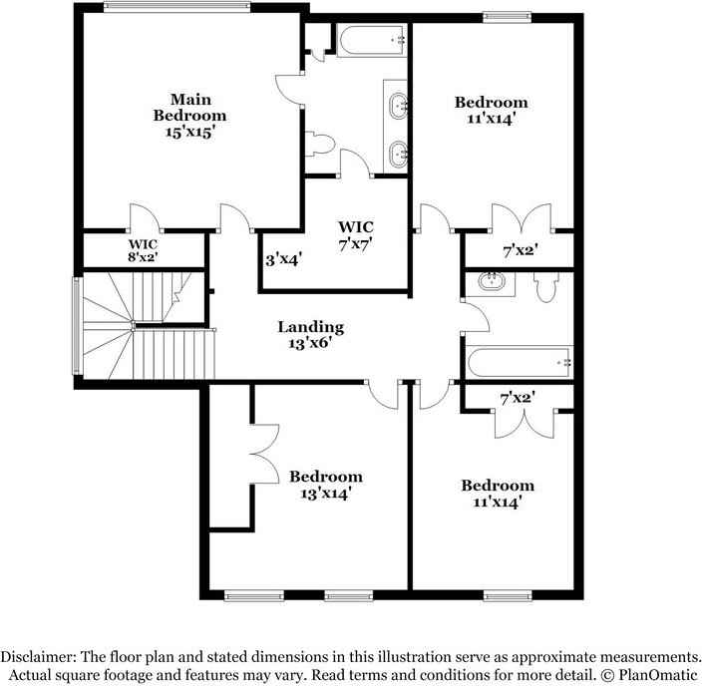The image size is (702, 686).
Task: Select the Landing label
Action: tap(310, 326)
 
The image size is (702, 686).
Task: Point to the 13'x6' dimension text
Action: tap(310, 344)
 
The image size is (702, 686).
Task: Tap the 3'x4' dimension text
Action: tap(284, 258)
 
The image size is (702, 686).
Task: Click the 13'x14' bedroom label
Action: tap(325, 485)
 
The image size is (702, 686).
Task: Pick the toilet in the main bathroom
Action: tap(320, 145)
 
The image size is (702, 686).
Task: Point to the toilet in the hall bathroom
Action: tap(544, 287)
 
